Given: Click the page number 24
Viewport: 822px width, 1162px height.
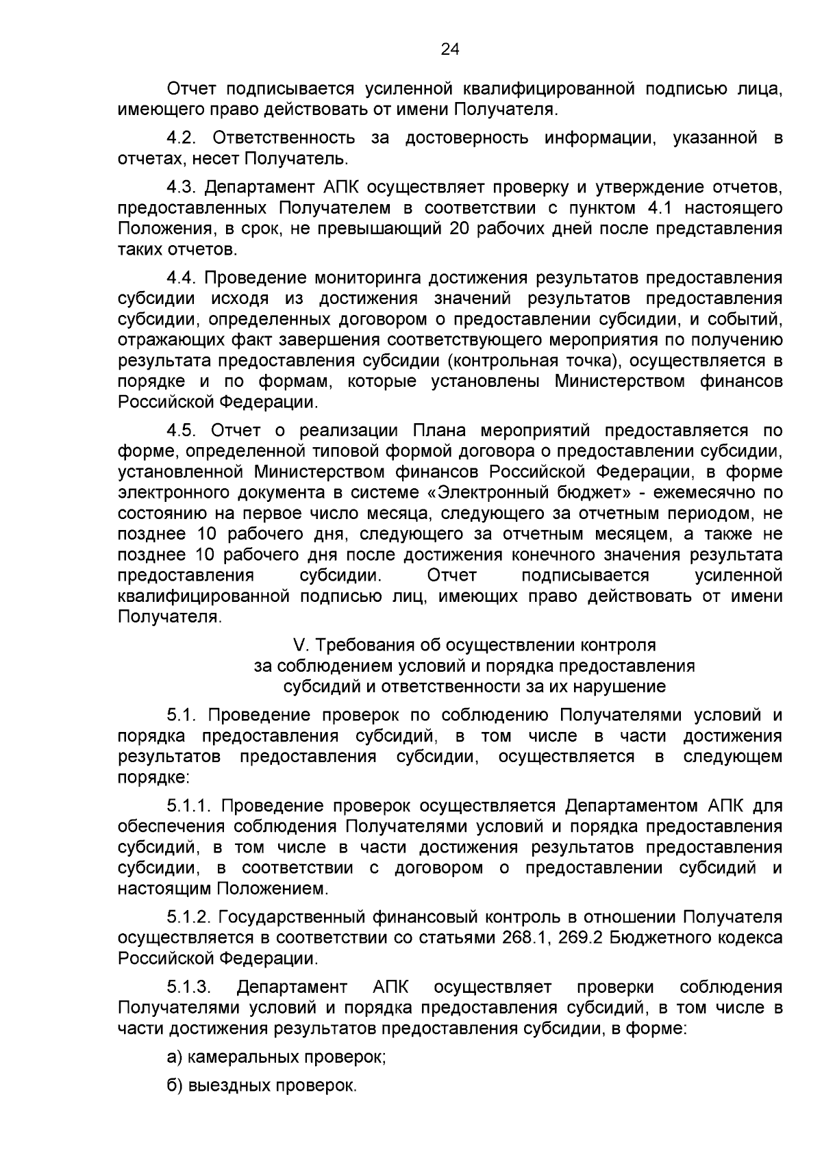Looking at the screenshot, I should pos(449,49).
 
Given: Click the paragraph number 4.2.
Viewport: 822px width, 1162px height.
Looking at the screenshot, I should pos(181,138).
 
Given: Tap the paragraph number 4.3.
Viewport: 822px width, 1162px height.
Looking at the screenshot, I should pos(181,187).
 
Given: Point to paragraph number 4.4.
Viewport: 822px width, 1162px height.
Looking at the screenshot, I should pos(181,278).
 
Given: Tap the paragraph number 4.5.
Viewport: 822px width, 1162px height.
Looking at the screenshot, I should pos(181,431).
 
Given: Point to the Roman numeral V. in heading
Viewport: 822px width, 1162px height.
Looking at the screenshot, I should pos(298,645).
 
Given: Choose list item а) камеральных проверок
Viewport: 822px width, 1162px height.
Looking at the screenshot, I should pos(277,1057).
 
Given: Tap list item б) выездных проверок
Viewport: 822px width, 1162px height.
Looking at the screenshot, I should pos(262,1087).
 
